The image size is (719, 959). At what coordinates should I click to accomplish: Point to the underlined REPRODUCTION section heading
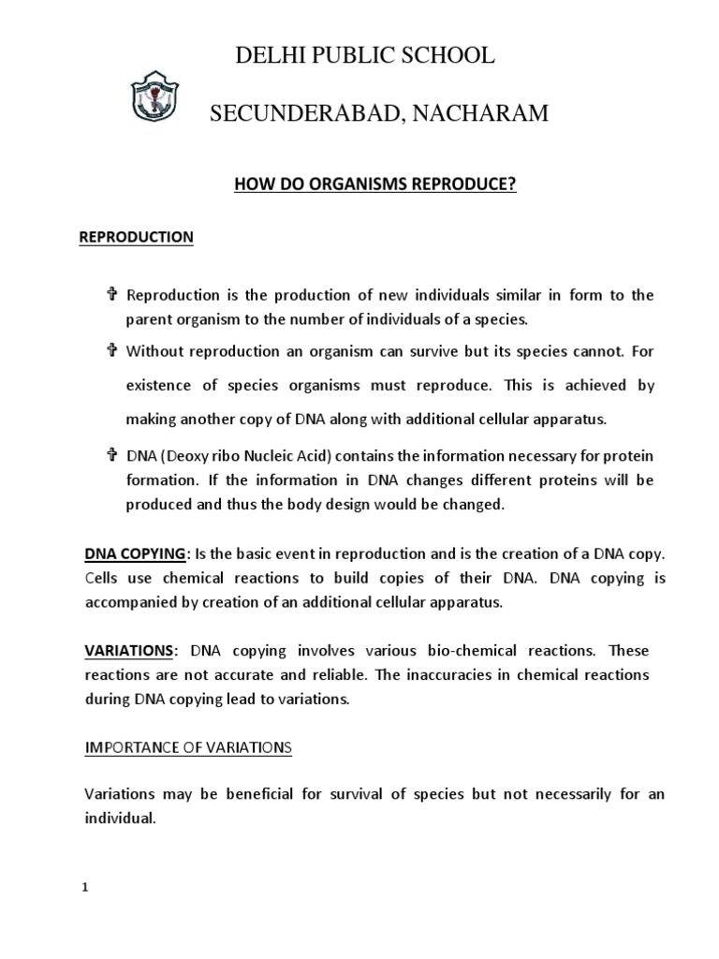135,238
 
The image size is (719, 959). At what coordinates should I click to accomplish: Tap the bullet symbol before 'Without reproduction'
110,351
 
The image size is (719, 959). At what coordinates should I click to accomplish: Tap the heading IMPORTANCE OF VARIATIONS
188,747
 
